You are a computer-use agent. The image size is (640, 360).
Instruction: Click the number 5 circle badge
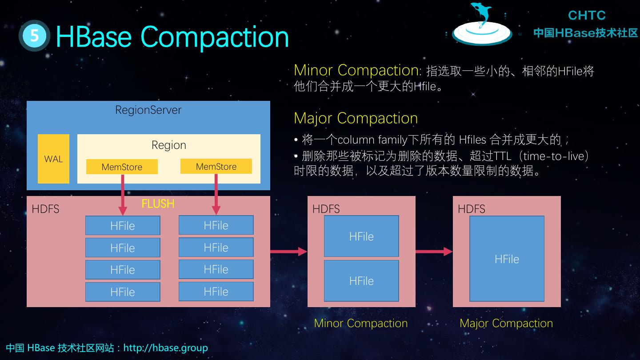[x=34, y=36]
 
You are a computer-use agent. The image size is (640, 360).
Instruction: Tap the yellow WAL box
[x=53, y=159]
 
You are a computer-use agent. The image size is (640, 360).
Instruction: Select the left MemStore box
[x=122, y=167]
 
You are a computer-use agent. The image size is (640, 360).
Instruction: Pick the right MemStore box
[x=216, y=166]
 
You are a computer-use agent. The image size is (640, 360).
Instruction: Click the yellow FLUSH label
[x=158, y=204]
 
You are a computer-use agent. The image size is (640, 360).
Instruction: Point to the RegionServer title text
[x=148, y=110]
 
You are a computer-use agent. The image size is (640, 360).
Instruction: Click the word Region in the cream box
[x=168, y=145]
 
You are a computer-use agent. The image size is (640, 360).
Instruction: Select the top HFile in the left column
[x=123, y=225]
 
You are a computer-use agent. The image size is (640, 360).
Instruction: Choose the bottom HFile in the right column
[x=216, y=292]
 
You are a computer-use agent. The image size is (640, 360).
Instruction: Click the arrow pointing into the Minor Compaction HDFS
[x=289, y=252]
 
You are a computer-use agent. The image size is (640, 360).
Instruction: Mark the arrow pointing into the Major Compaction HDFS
[x=434, y=252]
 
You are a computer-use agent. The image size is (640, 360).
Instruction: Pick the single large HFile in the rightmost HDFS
[x=507, y=259]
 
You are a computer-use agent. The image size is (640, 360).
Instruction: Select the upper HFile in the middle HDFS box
[x=361, y=236]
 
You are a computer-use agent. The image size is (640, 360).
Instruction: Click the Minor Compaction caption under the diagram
[x=360, y=323]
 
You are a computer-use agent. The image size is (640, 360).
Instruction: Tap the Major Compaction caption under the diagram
[x=506, y=323]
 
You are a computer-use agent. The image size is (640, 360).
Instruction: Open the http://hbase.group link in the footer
[x=165, y=348]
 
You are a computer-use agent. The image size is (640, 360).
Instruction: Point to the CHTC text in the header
[x=586, y=16]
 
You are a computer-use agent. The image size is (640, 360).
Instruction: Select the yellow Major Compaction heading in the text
[x=356, y=118]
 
